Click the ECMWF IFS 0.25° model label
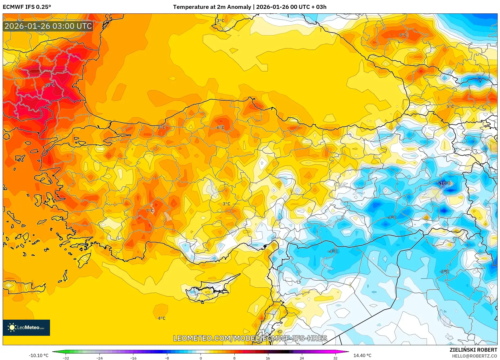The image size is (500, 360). (x=27, y=7)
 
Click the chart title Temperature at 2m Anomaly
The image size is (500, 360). (x=212, y=7)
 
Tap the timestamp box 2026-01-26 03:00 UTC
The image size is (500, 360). (x=48, y=26)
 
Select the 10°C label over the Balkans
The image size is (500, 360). (x=50, y=85)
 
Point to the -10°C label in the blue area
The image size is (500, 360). (x=445, y=183)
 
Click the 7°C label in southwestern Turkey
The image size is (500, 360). (x=150, y=211)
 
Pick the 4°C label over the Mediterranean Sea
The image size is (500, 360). (x=162, y=318)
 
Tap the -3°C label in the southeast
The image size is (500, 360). (x=444, y=271)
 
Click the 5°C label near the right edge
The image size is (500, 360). (x=450, y=107)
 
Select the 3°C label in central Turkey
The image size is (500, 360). (x=226, y=204)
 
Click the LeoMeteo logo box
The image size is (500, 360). (x=26, y=327)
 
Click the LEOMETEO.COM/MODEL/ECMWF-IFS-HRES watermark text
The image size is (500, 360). (x=250, y=338)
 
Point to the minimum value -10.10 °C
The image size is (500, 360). (x=39, y=355)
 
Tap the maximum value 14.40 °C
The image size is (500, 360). (x=362, y=355)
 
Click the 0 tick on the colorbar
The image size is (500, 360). (x=201, y=358)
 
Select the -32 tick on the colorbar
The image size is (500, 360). (x=66, y=358)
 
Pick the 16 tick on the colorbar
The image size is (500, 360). (x=268, y=358)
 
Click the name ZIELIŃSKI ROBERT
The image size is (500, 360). (x=473, y=350)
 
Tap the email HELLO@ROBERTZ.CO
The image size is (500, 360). (x=474, y=356)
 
